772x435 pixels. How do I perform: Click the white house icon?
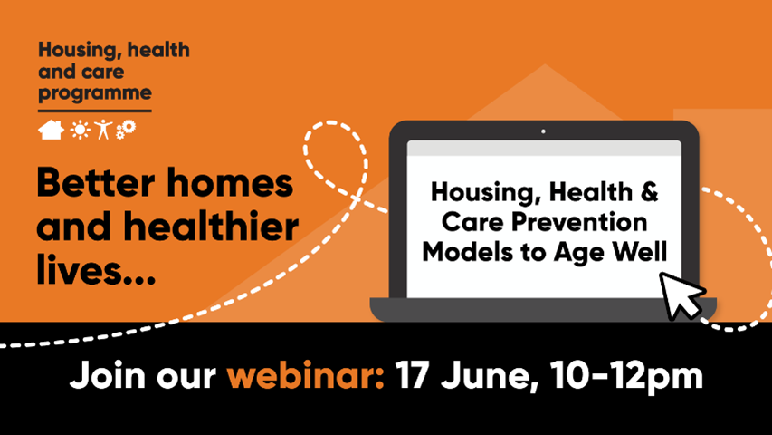(x=52, y=130)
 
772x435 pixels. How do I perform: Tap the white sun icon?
(x=80, y=130)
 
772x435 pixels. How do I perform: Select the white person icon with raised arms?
(x=103, y=130)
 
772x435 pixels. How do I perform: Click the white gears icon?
(x=126, y=130)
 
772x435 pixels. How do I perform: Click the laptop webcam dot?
(x=543, y=131)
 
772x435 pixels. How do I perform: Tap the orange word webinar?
(x=305, y=376)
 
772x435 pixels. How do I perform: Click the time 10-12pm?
(x=627, y=377)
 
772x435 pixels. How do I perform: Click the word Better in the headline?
(x=96, y=183)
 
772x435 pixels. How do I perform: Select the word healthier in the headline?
(x=211, y=227)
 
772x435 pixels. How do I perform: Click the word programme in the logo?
(x=95, y=93)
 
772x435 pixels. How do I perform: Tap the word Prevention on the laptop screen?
(x=579, y=222)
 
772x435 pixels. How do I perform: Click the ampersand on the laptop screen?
(x=650, y=192)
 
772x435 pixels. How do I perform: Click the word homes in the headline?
(x=230, y=183)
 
